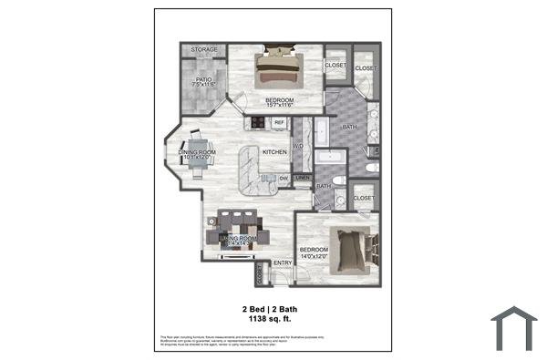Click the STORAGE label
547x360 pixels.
tap(204, 50)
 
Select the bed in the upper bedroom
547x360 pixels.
tap(279, 67)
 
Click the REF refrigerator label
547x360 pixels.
tap(279, 122)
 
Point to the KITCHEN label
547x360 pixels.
tap(274, 152)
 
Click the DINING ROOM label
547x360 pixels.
tap(196, 152)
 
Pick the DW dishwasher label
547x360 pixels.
tap(284, 177)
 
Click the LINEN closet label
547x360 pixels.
tap(303, 177)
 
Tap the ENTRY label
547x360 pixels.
tap(282, 263)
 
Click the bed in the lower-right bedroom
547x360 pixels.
tap(349, 250)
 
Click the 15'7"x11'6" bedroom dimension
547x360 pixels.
tap(279, 106)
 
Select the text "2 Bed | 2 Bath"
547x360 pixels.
tap(269, 309)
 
